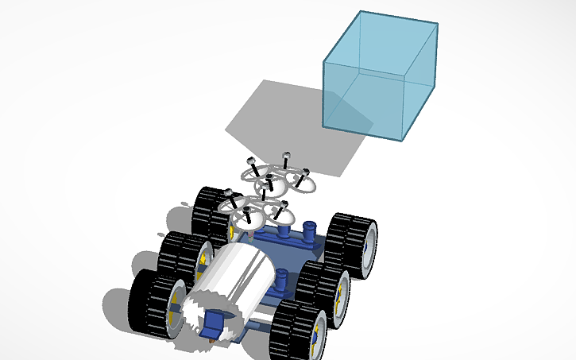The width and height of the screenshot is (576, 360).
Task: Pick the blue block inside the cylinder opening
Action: click(213, 324)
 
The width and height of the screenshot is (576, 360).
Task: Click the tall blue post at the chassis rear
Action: click(309, 234)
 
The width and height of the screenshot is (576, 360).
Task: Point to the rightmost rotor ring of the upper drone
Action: click(302, 180)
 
